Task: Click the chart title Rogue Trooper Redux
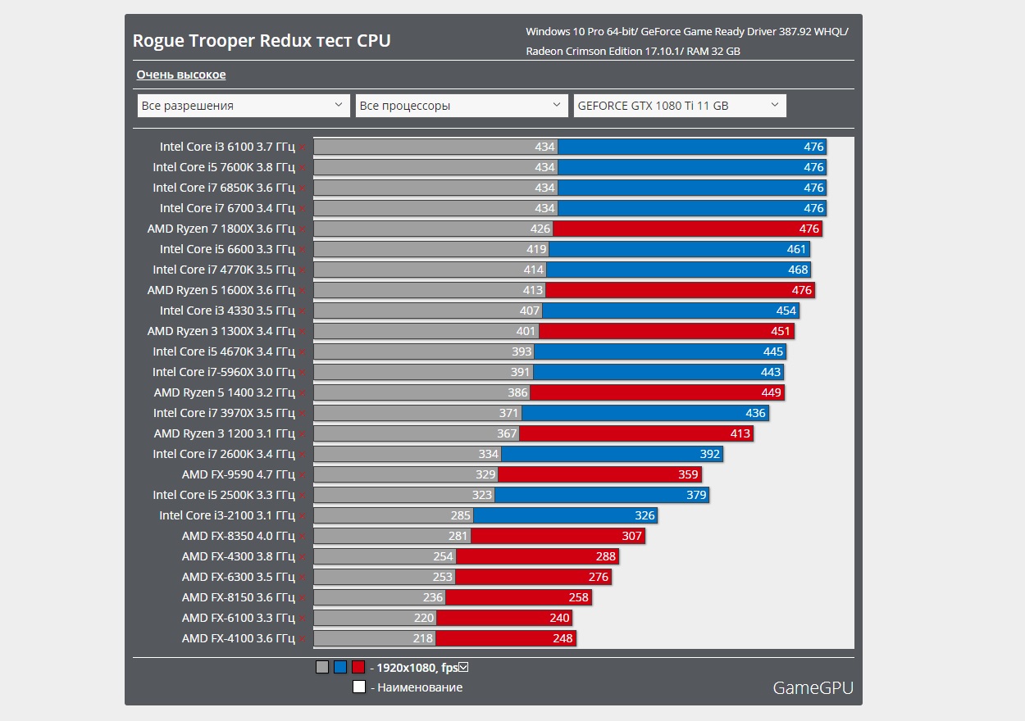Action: click(x=262, y=41)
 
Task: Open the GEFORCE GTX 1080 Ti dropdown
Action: click(x=679, y=106)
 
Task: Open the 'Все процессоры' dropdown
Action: click(x=461, y=106)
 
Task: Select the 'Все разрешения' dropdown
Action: click(x=243, y=106)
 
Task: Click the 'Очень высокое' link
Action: click(x=181, y=75)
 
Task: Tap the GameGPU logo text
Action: click(x=813, y=687)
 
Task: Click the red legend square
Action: click(x=358, y=667)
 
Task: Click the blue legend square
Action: click(x=340, y=667)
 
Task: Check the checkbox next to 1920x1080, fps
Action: click(x=463, y=667)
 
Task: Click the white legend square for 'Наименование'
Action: click(x=359, y=687)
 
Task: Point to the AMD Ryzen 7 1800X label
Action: click(x=221, y=229)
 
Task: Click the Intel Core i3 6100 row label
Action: click(x=227, y=147)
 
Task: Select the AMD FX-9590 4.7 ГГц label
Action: click(x=238, y=474)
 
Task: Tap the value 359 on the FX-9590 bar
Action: click(x=688, y=474)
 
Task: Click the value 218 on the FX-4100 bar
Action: click(x=423, y=638)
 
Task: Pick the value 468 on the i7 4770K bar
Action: click(x=798, y=270)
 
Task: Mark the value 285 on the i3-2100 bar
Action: click(x=461, y=515)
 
